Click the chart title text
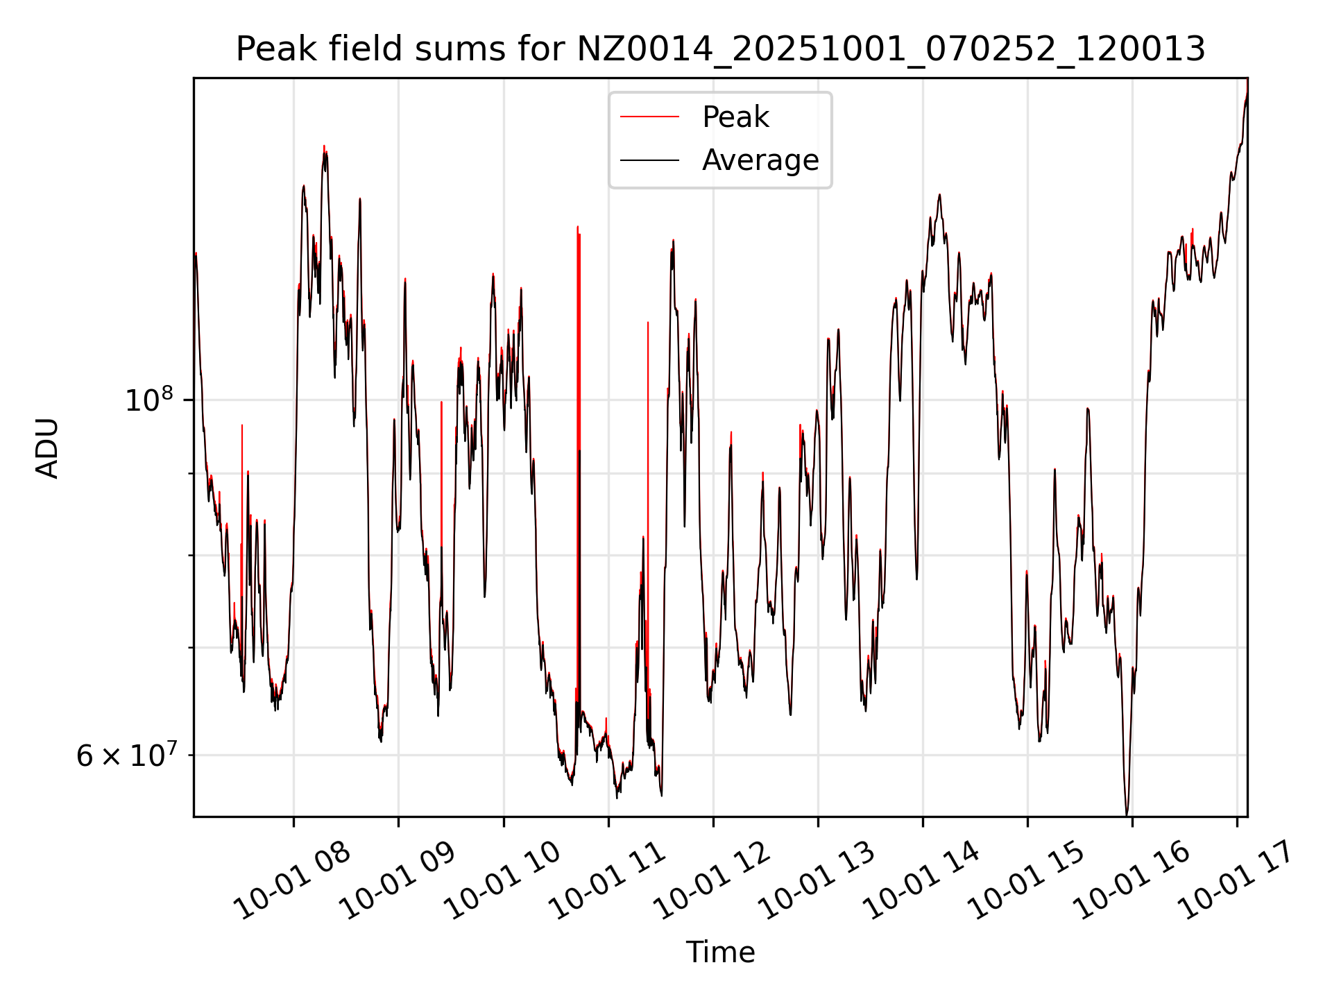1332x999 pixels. [x=720, y=49]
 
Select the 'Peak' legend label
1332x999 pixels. [x=735, y=117]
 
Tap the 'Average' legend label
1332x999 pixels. [x=760, y=160]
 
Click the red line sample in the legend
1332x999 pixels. [x=649, y=117]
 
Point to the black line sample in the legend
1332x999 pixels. [x=649, y=160]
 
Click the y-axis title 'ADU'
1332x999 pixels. [x=47, y=447]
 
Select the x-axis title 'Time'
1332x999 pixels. [x=720, y=952]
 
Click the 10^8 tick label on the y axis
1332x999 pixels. [x=148, y=400]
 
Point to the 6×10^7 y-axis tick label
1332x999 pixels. [x=126, y=755]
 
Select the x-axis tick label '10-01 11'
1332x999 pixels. [x=607, y=881]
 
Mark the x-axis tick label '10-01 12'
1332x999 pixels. [x=712, y=881]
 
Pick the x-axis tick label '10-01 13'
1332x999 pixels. [x=817, y=881]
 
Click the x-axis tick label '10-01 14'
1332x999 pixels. [x=921, y=881]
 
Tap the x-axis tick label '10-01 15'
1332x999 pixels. [x=1027, y=881]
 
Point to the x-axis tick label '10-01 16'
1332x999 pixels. [x=1132, y=881]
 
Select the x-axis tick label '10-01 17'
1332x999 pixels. [x=1236, y=881]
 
